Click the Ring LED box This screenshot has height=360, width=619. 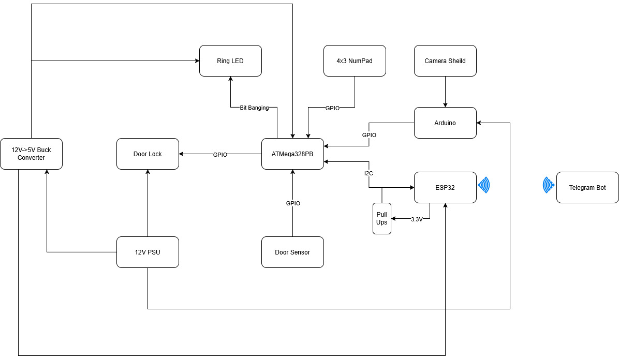pyautogui.click(x=230, y=61)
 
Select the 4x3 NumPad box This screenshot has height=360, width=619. pyautogui.click(x=355, y=61)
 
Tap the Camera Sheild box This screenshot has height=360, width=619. pyautogui.click(x=445, y=61)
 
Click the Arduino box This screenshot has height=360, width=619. pyautogui.click(x=445, y=123)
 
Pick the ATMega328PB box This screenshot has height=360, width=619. pyautogui.click(x=292, y=154)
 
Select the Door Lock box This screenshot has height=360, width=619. pyautogui.click(x=148, y=154)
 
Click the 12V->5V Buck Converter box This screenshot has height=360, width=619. pyautogui.click(x=31, y=154)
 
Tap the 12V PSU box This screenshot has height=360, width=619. pyautogui.click(x=148, y=252)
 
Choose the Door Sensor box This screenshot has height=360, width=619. pyautogui.click(x=292, y=252)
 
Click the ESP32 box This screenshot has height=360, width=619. pyautogui.click(x=445, y=188)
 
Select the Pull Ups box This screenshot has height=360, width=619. pyautogui.click(x=381, y=219)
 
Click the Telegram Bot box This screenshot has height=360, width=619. pyautogui.click(x=587, y=188)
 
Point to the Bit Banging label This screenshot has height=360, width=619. pyautogui.click(x=254, y=108)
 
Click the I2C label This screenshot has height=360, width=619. pyautogui.click(x=369, y=173)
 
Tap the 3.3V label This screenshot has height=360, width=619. pyautogui.click(x=417, y=219)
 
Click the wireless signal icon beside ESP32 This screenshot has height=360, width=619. pyautogui.click(x=484, y=185)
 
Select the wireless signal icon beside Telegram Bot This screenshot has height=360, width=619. pyautogui.click(x=548, y=185)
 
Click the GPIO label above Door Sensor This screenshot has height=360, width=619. pyautogui.click(x=293, y=204)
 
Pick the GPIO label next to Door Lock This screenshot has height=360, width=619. pyautogui.click(x=220, y=155)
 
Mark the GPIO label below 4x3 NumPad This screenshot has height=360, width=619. pyautogui.click(x=332, y=108)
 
